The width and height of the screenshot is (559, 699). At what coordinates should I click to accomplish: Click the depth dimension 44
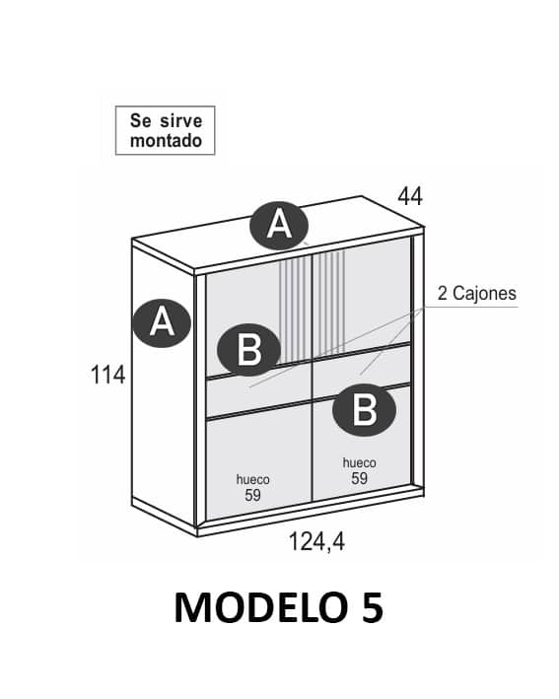pyautogui.click(x=410, y=196)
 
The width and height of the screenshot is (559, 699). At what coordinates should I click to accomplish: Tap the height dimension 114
pyautogui.click(x=107, y=375)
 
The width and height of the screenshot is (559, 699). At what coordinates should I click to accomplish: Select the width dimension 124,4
pyautogui.click(x=316, y=542)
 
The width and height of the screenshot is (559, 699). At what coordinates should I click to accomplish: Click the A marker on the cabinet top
pyautogui.click(x=280, y=226)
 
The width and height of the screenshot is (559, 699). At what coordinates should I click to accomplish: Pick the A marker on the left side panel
pyautogui.click(x=162, y=323)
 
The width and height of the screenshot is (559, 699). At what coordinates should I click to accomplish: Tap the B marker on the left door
pyautogui.click(x=248, y=350)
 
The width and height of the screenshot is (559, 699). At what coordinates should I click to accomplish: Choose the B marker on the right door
pyautogui.click(x=364, y=410)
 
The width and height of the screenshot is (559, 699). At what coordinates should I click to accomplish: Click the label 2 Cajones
pyautogui.click(x=477, y=294)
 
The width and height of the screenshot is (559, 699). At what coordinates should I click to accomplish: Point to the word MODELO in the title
pyautogui.click(x=260, y=607)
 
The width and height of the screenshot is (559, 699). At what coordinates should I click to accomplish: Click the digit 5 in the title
pyautogui.click(x=372, y=607)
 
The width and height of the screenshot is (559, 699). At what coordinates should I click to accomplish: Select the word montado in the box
pyautogui.click(x=166, y=140)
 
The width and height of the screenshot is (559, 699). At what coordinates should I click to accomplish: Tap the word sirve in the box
pyautogui.click(x=181, y=120)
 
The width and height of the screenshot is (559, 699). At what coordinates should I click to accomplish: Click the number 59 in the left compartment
pyautogui.click(x=252, y=495)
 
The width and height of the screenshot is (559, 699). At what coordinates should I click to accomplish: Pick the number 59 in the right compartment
pyautogui.click(x=359, y=478)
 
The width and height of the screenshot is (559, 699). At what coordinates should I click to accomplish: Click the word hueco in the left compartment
pyautogui.click(x=252, y=480)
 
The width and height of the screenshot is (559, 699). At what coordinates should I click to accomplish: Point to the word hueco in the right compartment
pyautogui.click(x=359, y=462)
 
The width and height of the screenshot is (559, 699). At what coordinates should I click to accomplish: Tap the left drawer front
pyautogui.click(x=259, y=391)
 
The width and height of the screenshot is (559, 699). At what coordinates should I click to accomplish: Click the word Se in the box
pyautogui.click(x=141, y=120)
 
